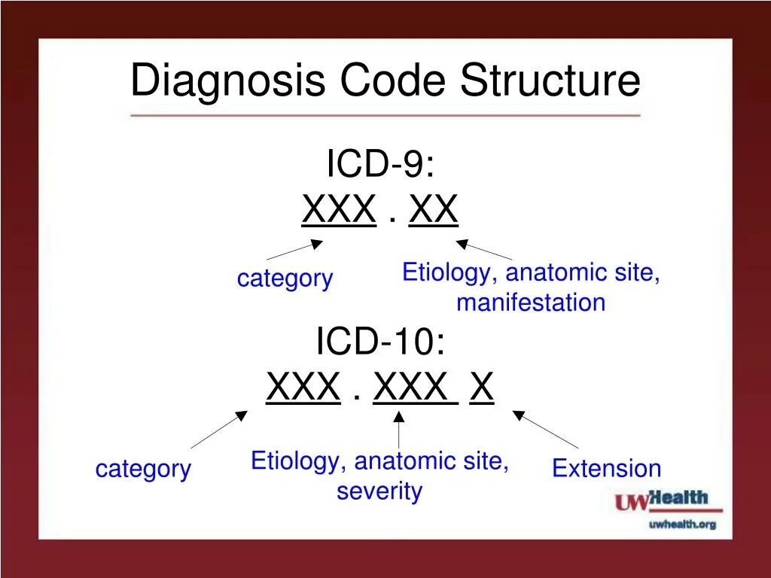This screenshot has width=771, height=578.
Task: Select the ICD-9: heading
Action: pyautogui.click(x=380, y=163)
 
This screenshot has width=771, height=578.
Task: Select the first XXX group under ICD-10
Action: pyautogui.click(x=303, y=388)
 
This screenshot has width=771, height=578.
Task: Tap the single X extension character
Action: pyautogui.click(x=482, y=388)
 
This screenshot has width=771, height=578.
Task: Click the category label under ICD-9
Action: pyautogui.click(x=285, y=278)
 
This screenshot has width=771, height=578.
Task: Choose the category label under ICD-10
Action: pyautogui.click(x=143, y=469)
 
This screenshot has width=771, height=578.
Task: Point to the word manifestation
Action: pyautogui.click(x=531, y=303)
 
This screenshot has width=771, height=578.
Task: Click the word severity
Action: pyautogui.click(x=379, y=491)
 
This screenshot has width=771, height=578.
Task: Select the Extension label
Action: pyautogui.click(x=606, y=469)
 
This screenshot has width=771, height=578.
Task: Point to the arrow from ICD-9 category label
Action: pyautogui.click(x=294, y=250)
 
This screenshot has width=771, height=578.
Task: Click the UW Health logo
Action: pyautogui.click(x=662, y=500)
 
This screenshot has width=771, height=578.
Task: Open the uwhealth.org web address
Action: pyautogui.click(x=682, y=524)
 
